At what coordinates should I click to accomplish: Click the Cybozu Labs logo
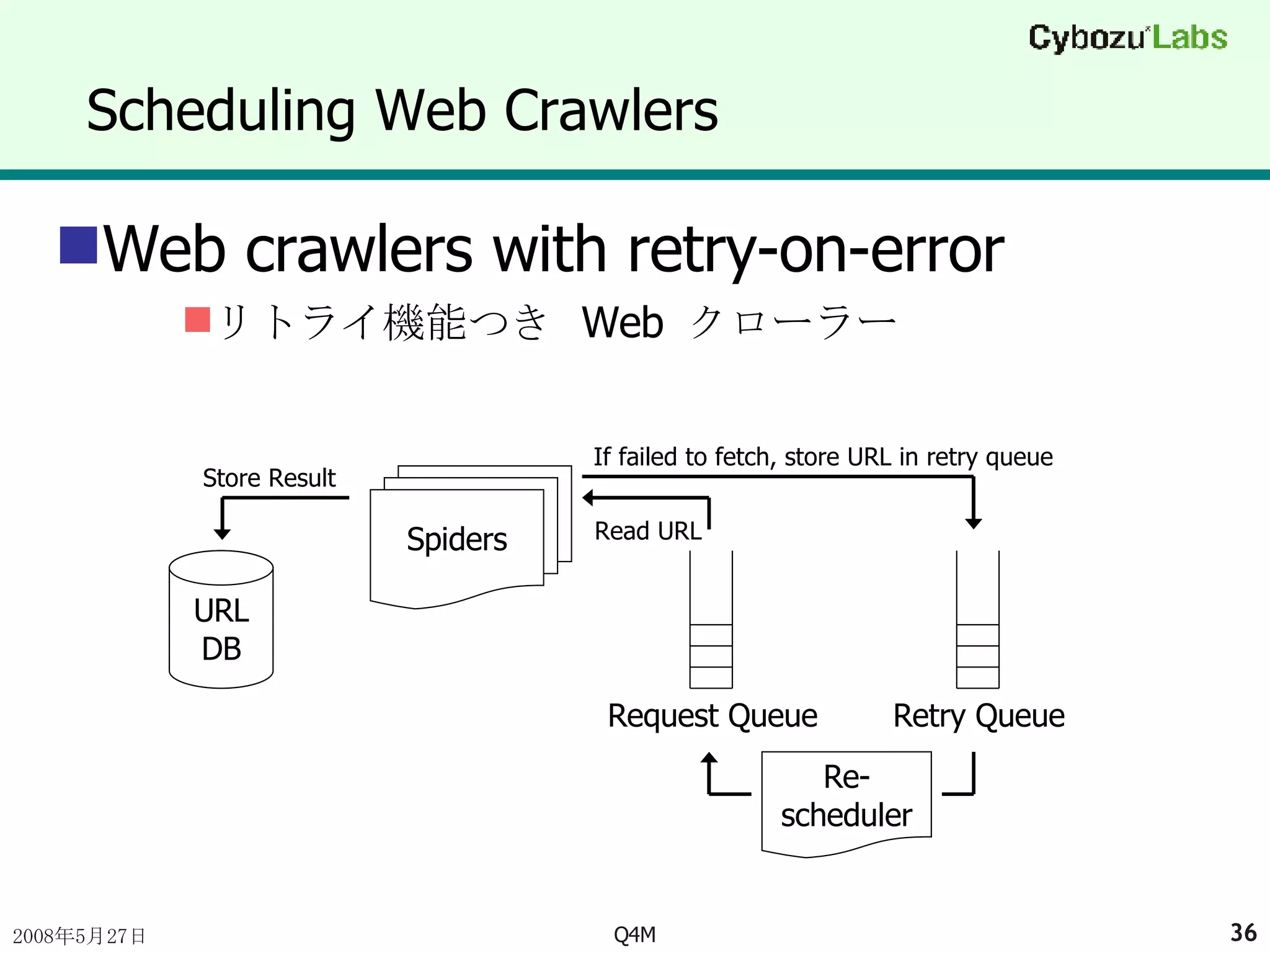coord(1127,38)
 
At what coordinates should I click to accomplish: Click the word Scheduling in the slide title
coord(221,112)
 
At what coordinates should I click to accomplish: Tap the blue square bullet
coord(78,245)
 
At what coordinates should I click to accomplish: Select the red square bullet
coord(198,320)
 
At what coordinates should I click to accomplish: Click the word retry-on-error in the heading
coord(815,250)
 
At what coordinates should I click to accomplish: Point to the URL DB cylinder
coord(221,620)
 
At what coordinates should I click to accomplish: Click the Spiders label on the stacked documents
coord(456,539)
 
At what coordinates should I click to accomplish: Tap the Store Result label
coord(269,478)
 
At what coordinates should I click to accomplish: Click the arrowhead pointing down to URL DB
coord(222,534)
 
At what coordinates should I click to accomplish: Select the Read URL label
coord(647,531)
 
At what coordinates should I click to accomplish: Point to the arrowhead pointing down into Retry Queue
coord(974,523)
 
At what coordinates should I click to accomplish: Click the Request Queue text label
coord(713,716)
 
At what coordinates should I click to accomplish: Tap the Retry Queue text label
coord(979,716)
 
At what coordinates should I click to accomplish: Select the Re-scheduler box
coord(846,797)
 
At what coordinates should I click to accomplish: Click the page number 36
coord(1243,933)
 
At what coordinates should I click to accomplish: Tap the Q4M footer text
coord(634,934)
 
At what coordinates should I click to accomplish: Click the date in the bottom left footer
coord(79,936)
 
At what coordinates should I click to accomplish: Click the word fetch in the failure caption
coord(742,457)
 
